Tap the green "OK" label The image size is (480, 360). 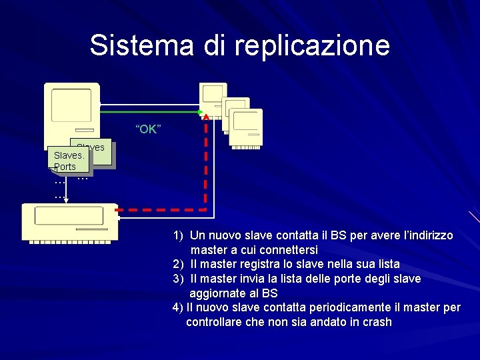click(147, 129)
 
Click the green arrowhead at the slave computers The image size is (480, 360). click(201, 111)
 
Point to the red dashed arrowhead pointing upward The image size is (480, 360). click(206, 118)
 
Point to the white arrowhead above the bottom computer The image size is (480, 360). click(67, 200)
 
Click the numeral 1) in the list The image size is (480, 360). click(178, 235)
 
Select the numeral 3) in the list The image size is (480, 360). click(178, 279)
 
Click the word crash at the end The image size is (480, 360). click(377, 322)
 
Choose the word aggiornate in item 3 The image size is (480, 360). click(217, 293)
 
